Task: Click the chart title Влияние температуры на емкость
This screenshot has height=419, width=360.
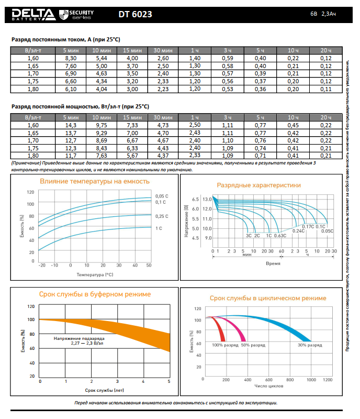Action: pyautogui.click(x=95, y=181)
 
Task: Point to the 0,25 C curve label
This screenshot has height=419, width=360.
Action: pyautogui.click(x=162, y=216)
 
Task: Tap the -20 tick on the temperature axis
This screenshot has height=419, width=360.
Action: pyautogui.click(x=42, y=266)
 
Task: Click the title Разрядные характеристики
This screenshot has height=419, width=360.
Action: pyautogui.click(x=258, y=185)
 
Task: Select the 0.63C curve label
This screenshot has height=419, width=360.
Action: pyautogui.click(x=280, y=236)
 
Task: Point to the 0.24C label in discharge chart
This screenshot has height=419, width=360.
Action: pyautogui.click(x=298, y=230)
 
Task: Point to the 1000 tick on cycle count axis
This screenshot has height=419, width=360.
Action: pyautogui.click(x=312, y=379)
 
